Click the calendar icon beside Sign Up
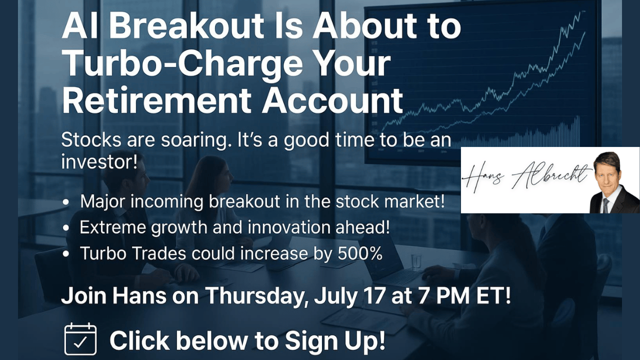80,339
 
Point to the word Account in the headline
332,101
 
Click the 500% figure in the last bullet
360,253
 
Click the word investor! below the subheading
99,162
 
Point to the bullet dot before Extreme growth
66,228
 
